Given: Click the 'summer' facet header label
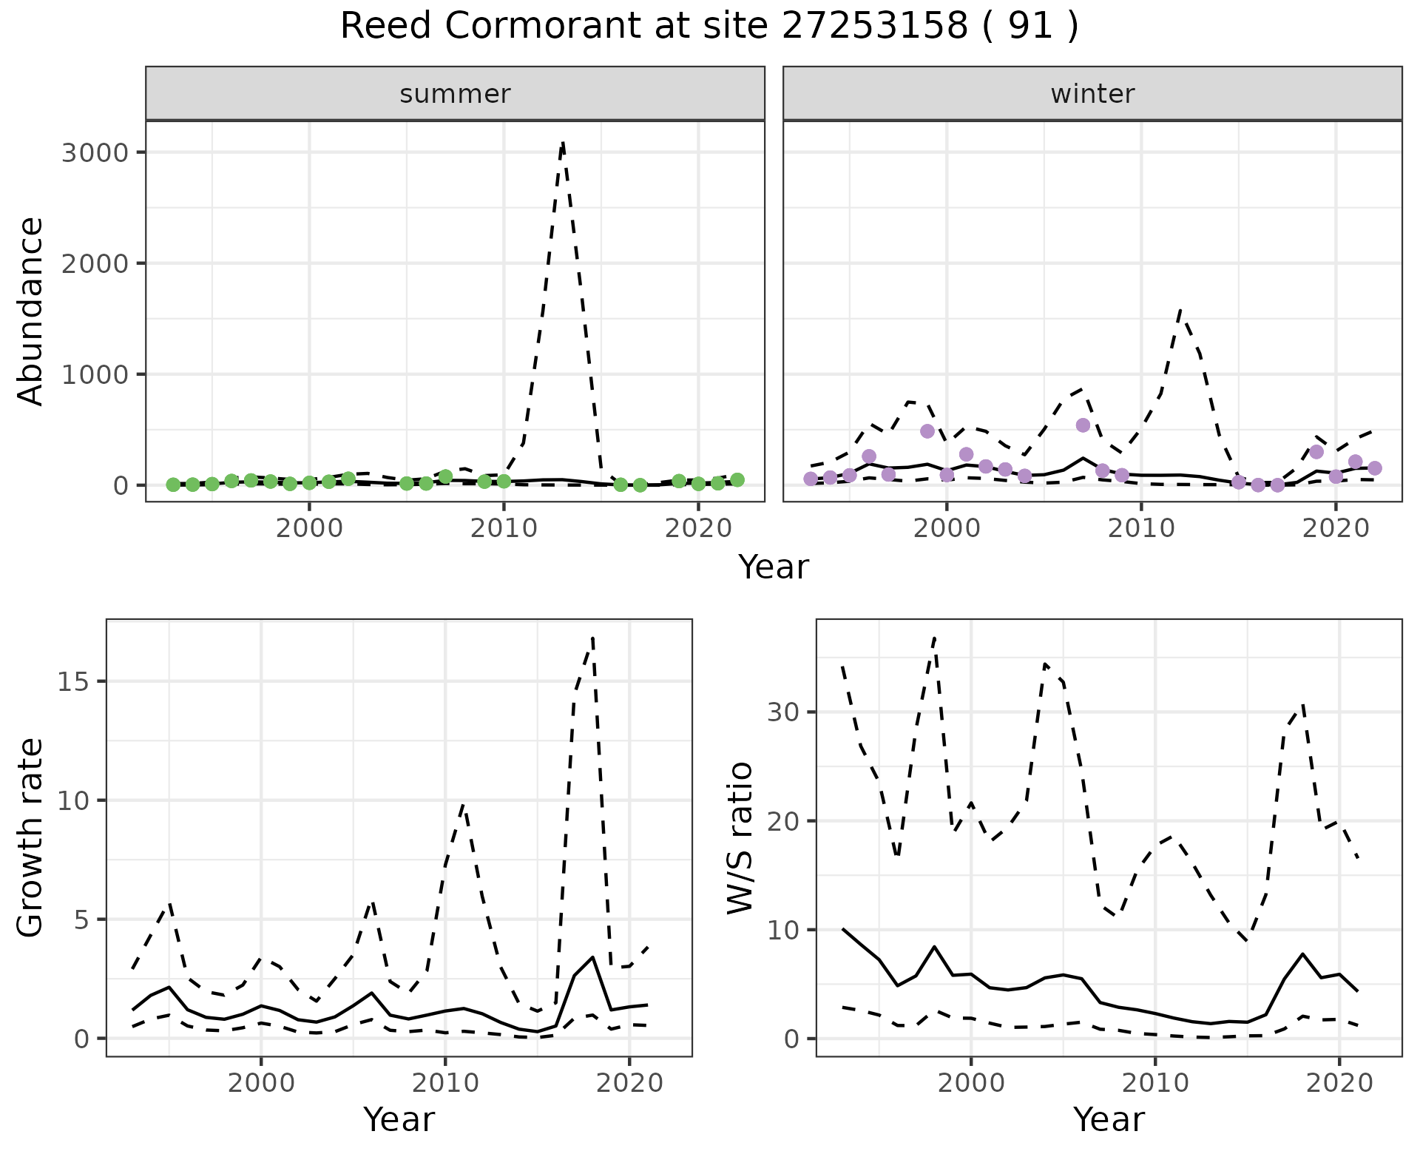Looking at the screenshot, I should [x=455, y=94].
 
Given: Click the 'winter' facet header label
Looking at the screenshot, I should [x=1092, y=94].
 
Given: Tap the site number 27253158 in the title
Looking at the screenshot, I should [x=874, y=27].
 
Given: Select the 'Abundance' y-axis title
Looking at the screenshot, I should [x=31, y=311].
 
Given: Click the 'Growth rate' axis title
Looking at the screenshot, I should [x=31, y=837].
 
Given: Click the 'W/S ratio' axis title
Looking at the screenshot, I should [x=740, y=837].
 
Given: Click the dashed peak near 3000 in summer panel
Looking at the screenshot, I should [x=563, y=143].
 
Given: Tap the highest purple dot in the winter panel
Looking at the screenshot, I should [x=1083, y=425].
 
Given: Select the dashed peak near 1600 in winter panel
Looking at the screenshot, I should [x=1180, y=311].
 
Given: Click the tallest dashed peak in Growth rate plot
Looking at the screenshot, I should [x=593, y=638].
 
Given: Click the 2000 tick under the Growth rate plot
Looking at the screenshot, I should [x=260, y=1083].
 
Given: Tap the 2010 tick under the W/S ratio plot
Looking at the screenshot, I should [x=1154, y=1083].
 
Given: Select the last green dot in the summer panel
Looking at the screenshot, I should [x=737, y=480].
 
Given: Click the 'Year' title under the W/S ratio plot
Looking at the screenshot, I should [x=1109, y=1119].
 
